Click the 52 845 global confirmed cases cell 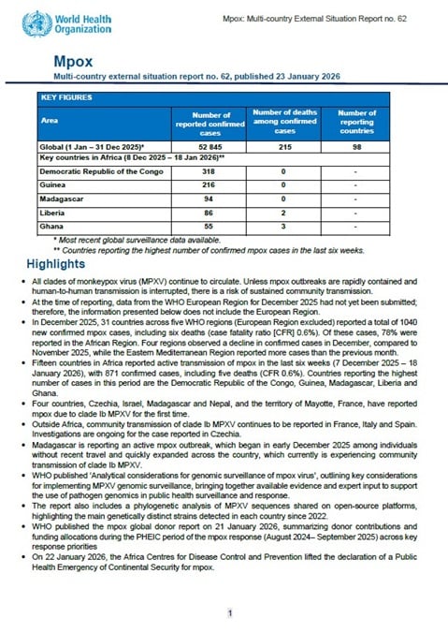210,147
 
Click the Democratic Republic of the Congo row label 96,173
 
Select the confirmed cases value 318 210,173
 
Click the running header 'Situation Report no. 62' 374,20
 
